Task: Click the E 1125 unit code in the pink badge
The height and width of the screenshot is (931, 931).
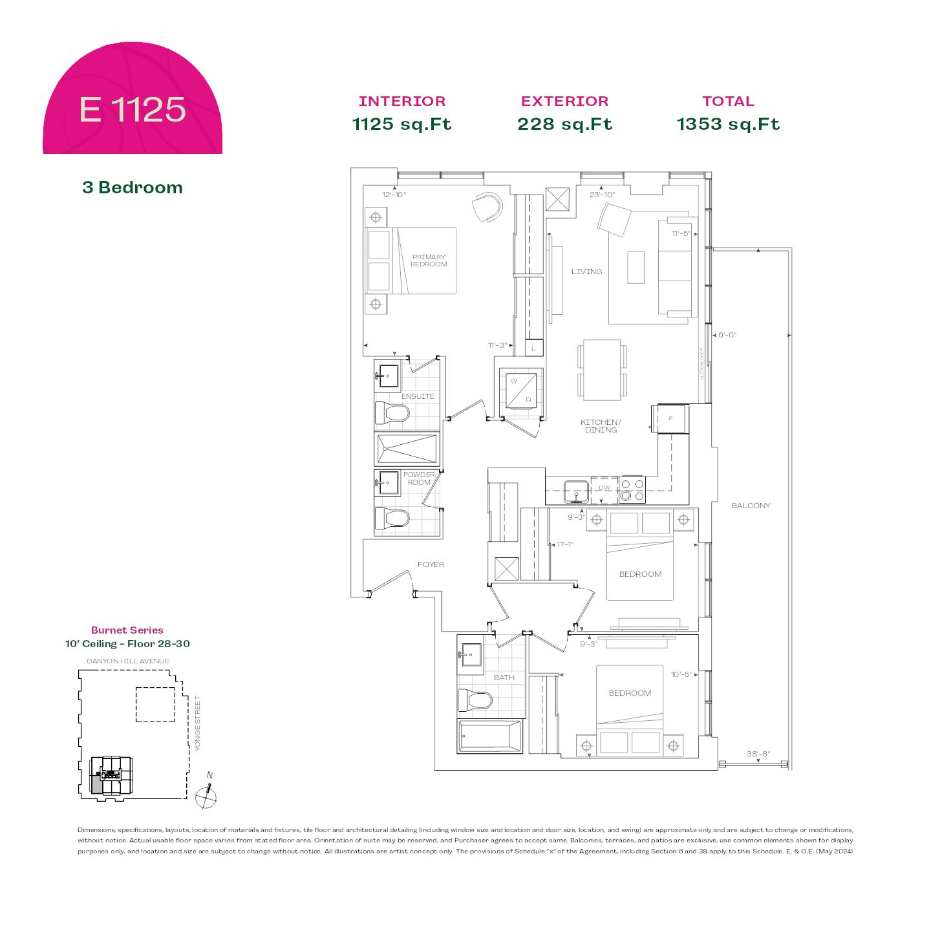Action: [x=133, y=109]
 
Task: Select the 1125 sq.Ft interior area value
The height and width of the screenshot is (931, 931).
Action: [x=401, y=124]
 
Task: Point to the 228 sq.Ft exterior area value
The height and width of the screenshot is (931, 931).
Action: [x=564, y=124]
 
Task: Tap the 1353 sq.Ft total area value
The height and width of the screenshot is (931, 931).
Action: [x=728, y=124]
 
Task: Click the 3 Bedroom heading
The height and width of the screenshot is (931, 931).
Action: [x=133, y=187]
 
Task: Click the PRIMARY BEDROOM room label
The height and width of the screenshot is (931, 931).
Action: [x=429, y=261]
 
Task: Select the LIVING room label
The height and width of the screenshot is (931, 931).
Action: [x=586, y=272]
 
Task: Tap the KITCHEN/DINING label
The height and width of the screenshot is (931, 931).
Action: [x=601, y=426]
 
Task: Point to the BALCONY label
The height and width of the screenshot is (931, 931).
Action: [x=751, y=506]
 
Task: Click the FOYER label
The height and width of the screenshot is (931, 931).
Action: [x=431, y=564]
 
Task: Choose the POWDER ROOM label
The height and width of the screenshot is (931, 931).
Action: [x=419, y=478]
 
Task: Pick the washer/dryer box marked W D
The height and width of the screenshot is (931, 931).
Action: [x=521, y=390]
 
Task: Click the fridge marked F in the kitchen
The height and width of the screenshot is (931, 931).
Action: [x=670, y=419]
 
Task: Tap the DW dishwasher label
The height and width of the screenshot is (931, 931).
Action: [x=604, y=488]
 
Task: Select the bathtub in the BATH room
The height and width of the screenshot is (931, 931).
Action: [x=489, y=736]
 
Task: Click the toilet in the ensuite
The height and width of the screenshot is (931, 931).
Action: [x=393, y=412]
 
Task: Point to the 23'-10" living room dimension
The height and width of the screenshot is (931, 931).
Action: [x=602, y=195]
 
